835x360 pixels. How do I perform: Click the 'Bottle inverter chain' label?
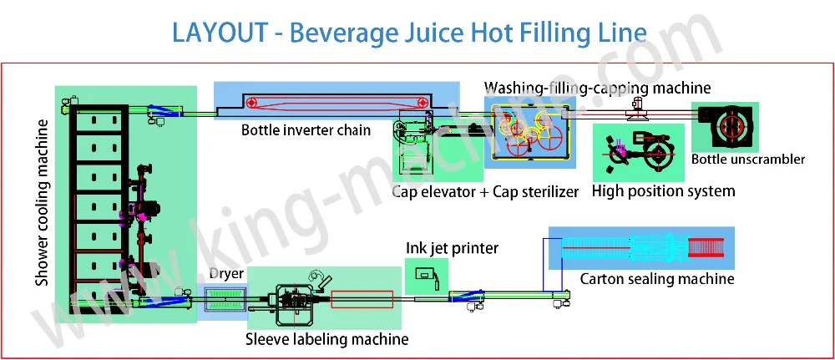tap(306, 130)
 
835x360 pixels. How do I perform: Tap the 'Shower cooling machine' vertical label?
tap(42, 203)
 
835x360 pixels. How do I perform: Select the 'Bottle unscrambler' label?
tap(747, 159)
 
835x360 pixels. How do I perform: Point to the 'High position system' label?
tap(664, 191)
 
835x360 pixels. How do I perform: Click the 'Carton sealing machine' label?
tap(657, 278)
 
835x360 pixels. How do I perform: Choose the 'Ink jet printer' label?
tap(452, 248)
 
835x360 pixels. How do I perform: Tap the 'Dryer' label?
tap(226, 274)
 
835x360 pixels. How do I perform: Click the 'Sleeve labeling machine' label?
tap(327, 339)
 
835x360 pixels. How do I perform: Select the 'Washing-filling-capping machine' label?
tap(597, 88)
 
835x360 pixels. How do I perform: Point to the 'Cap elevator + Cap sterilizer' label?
tap(485, 192)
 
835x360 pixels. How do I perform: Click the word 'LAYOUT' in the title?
tap(220, 33)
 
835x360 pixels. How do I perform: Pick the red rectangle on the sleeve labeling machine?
tap(362, 299)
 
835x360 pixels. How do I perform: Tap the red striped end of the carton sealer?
tap(706, 247)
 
